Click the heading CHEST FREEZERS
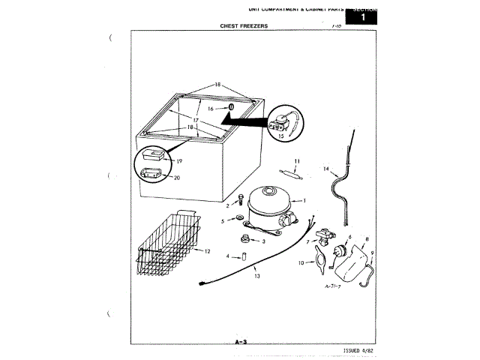click(x=244, y=26)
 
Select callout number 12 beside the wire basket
click(x=207, y=250)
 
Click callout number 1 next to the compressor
click(x=304, y=200)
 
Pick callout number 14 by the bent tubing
click(x=326, y=169)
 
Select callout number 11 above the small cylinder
click(x=297, y=161)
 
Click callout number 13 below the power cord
click(x=256, y=277)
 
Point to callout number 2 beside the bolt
click(x=228, y=204)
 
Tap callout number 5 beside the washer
click(x=223, y=221)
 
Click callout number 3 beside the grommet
click(x=263, y=241)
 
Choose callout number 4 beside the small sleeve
click(x=229, y=256)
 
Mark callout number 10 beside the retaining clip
click(x=301, y=262)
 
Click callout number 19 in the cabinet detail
click(x=180, y=160)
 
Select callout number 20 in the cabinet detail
click(x=177, y=178)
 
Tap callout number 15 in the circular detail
click(x=281, y=136)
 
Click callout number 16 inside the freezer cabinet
click(x=211, y=109)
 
